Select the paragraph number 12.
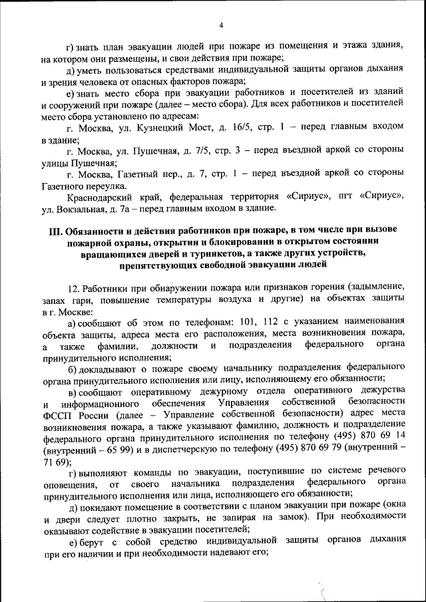point(75,288)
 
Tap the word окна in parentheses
point(393,508)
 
